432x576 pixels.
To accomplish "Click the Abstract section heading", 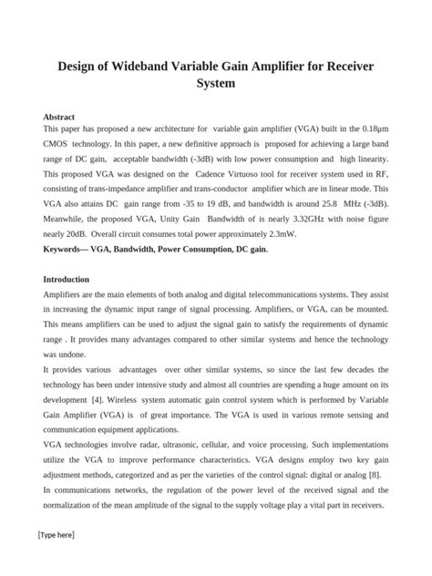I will tap(61, 118).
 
